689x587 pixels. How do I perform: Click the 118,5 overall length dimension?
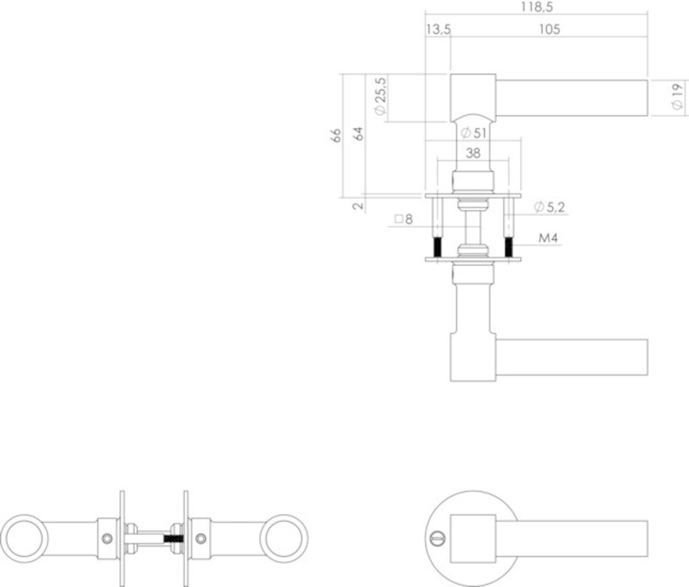tap(536, 7)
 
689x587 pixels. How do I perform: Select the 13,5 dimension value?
tap(438, 29)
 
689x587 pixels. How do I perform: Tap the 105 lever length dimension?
tap(549, 29)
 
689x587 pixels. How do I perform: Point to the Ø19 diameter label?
tap(677, 96)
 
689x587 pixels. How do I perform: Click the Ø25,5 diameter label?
tap(379, 96)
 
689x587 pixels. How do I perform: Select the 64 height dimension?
tap(359, 133)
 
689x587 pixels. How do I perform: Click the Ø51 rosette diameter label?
tap(473, 133)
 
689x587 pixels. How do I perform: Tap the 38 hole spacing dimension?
tap(472, 154)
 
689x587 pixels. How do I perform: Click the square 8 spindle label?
tap(404, 220)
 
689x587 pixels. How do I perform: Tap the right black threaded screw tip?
tap(509, 247)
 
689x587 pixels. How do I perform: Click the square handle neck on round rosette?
tap(473, 538)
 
